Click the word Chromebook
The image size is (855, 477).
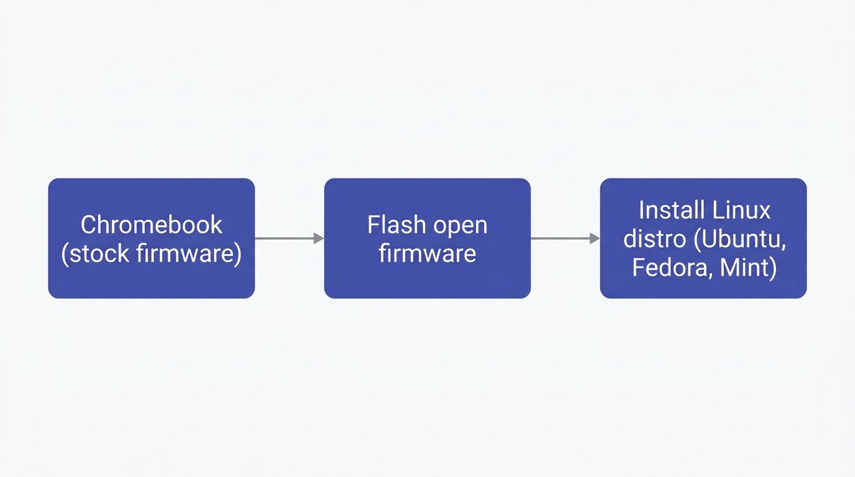pos(152,224)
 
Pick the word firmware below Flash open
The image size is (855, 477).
pos(428,253)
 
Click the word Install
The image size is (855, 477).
pos(666,210)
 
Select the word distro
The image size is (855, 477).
pos(655,239)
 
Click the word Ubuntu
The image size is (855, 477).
pos(739,240)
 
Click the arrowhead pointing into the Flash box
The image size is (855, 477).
pos(319,238)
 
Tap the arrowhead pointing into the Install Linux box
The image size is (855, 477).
pos(595,238)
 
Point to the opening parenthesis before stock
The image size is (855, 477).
pos(65,254)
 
